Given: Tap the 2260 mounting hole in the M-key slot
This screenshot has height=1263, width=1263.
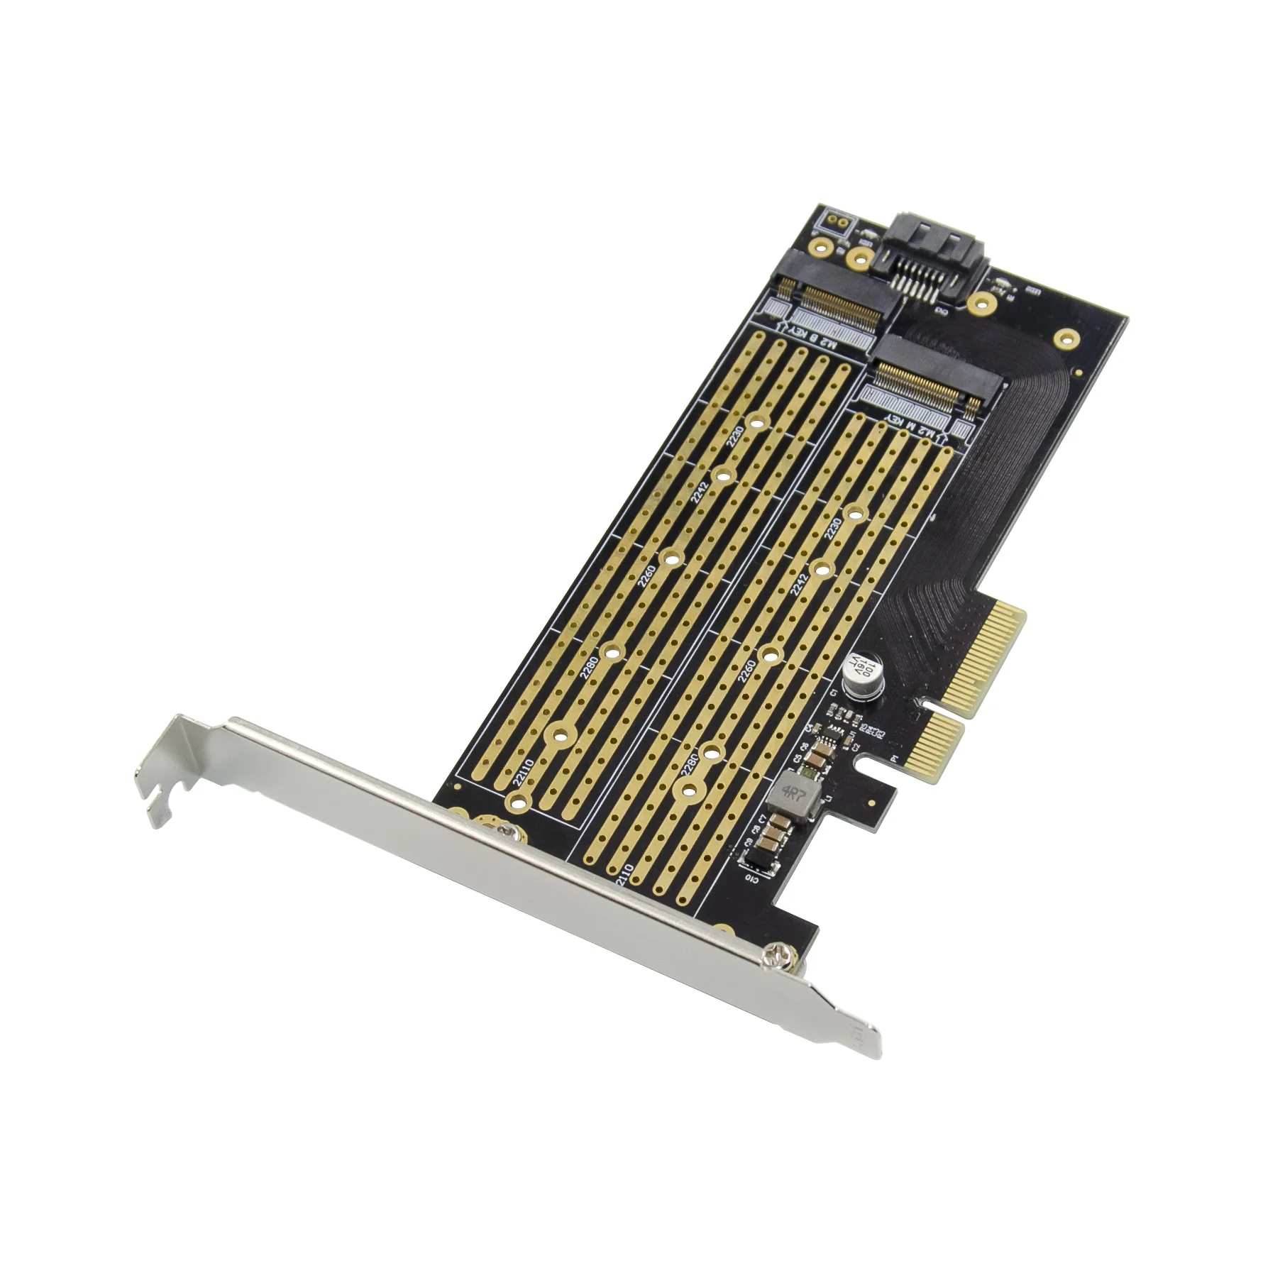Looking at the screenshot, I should [769, 654].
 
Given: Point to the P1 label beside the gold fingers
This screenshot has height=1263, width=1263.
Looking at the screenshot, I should [894, 759].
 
